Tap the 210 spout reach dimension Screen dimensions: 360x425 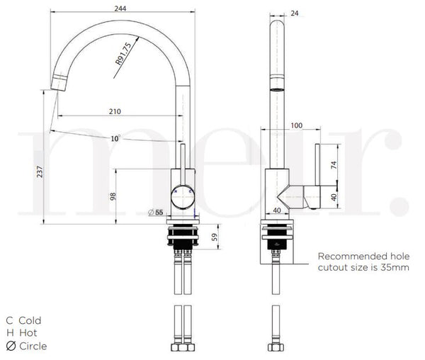115,111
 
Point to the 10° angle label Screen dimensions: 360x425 115,138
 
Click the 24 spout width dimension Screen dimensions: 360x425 295,12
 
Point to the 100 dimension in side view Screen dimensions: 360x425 296,125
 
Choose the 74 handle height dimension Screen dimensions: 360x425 334,164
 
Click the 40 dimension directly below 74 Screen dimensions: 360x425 334,196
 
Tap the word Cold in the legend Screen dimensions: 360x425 30,320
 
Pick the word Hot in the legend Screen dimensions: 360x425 28,332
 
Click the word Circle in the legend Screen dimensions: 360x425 33,346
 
